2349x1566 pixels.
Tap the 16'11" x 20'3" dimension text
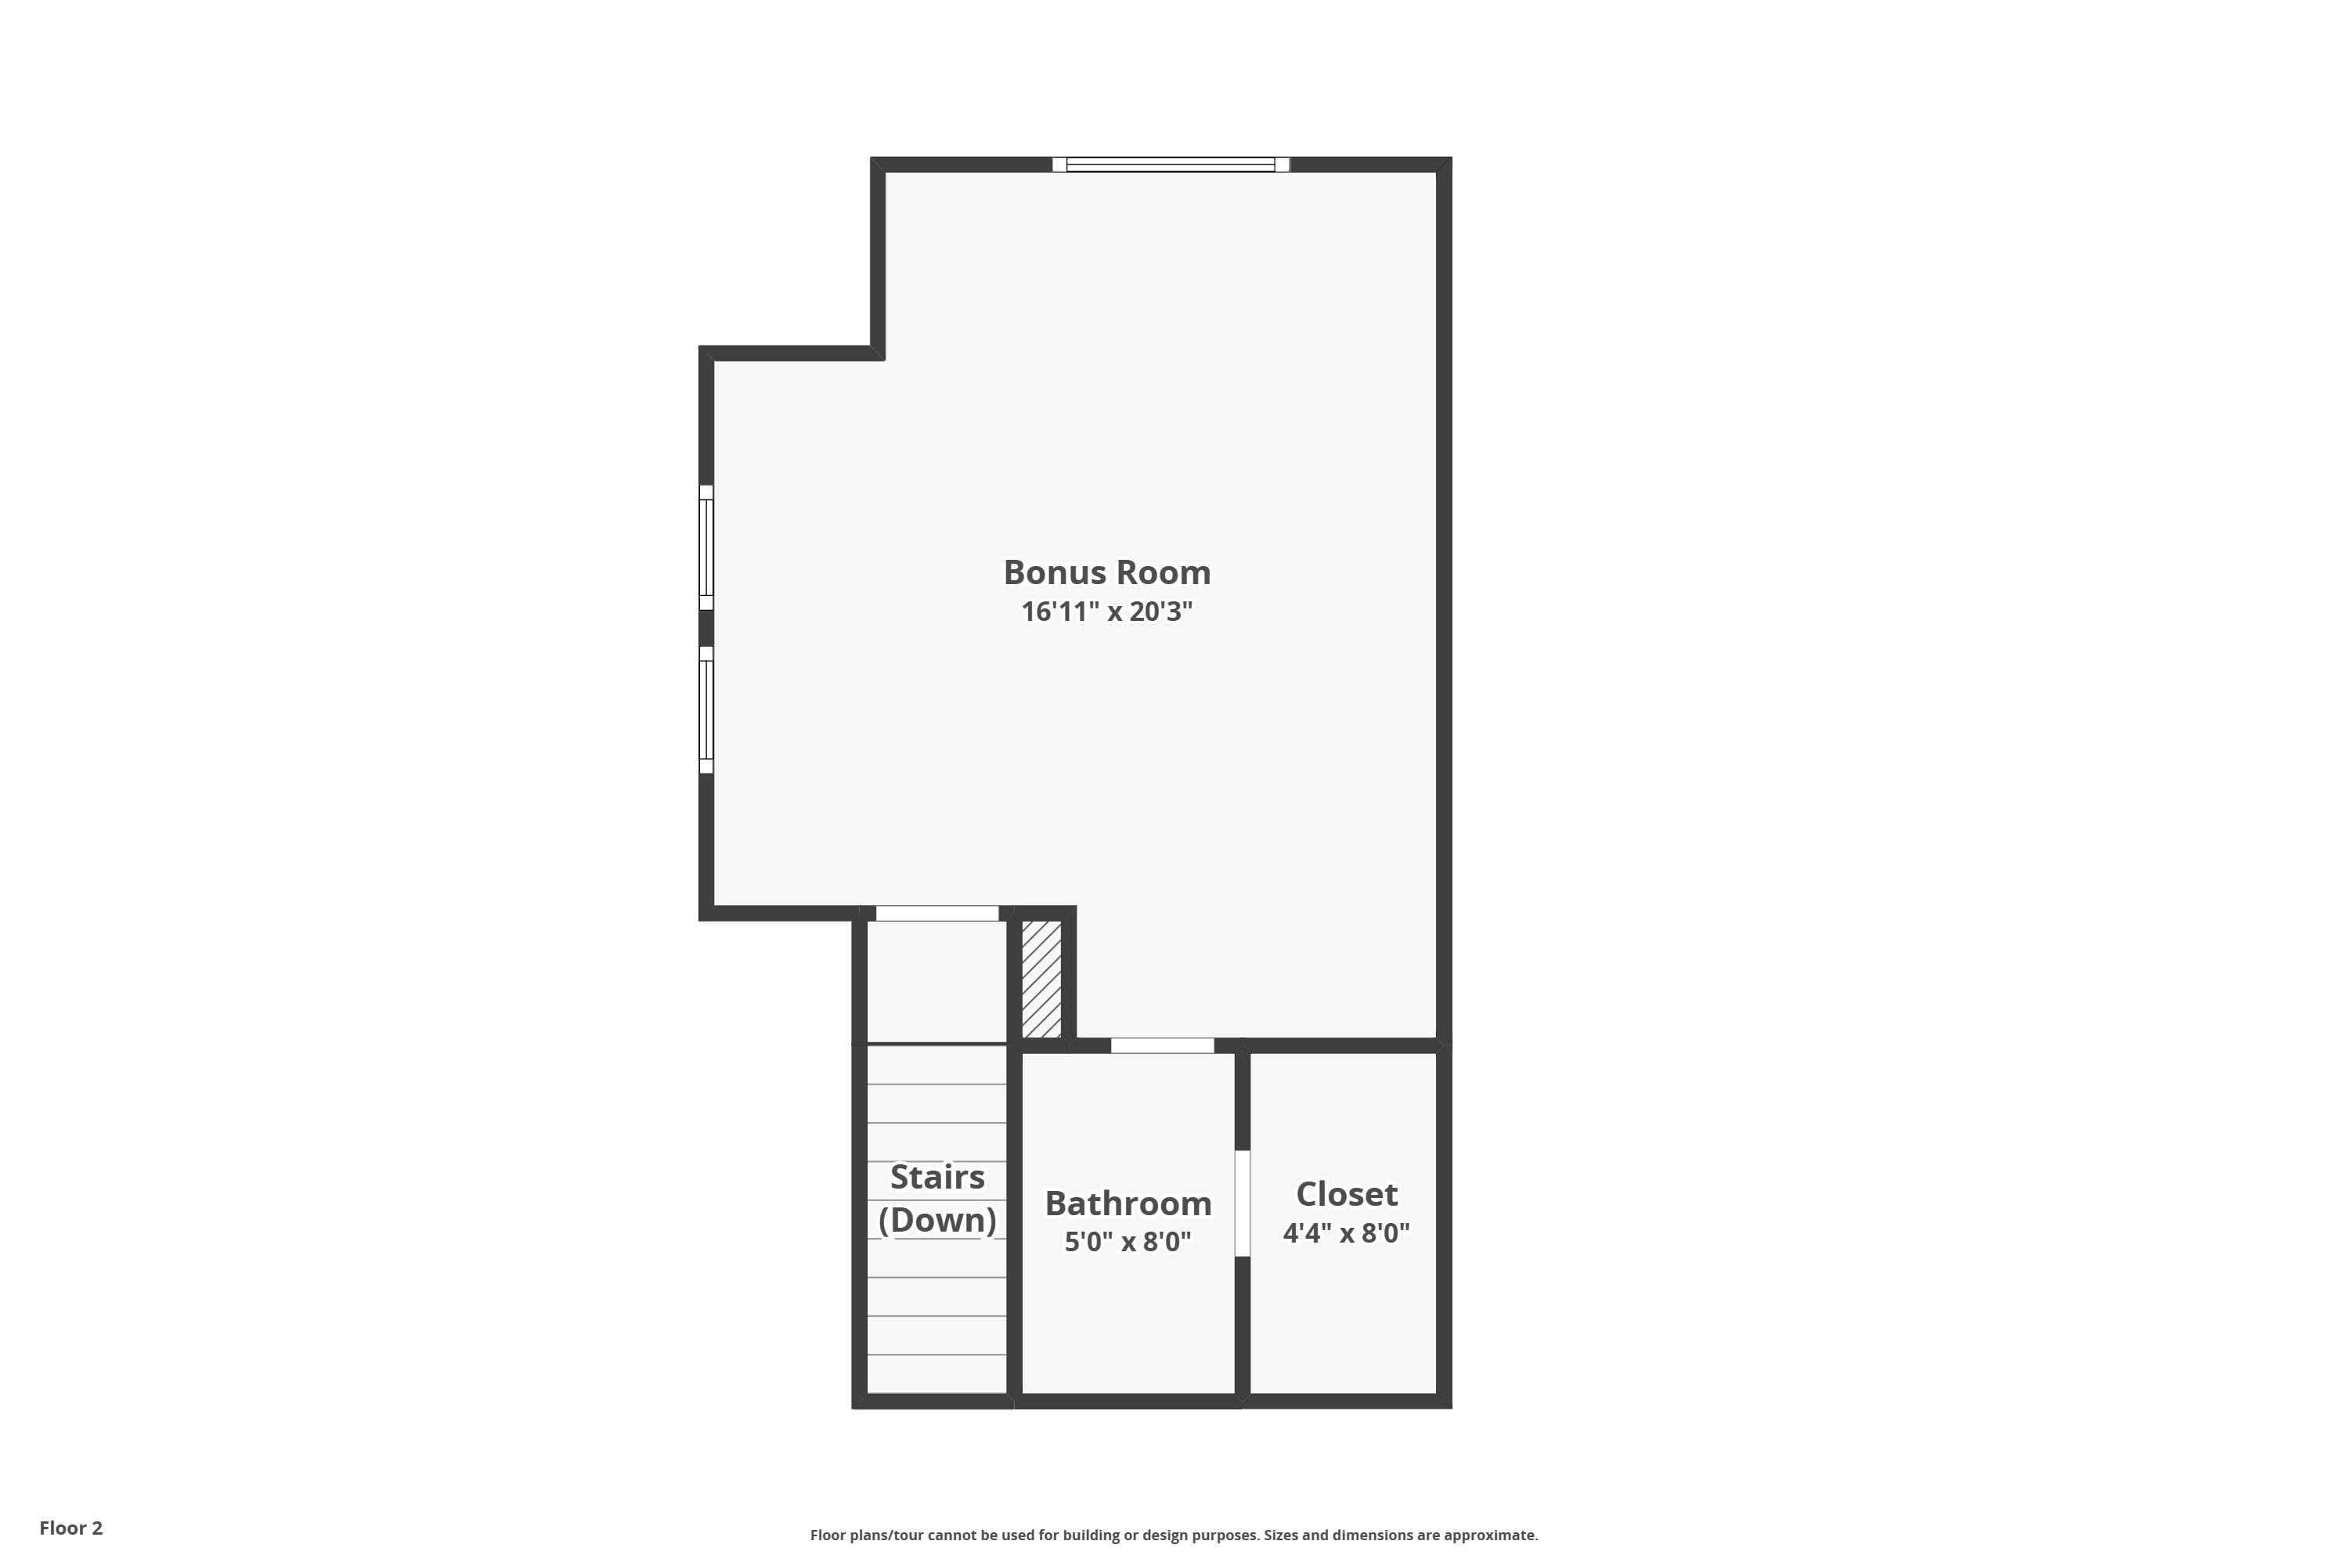[x=1106, y=612]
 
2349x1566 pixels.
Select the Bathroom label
[x=1128, y=1203]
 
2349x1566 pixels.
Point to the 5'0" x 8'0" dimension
[x=1128, y=1241]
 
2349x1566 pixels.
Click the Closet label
[x=1346, y=1195]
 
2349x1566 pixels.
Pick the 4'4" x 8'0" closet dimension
[x=1346, y=1233]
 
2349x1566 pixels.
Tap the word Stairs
[x=936, y=1178]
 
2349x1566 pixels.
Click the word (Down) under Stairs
[x=936, y=1221]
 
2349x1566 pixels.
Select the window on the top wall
[x=1171, y=164]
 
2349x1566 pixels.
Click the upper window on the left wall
[x=706, y=547]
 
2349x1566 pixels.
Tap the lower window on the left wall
[x=706, y=709]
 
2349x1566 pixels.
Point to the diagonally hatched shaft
[x=1041, y=979]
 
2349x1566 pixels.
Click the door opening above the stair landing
[x=936, y=913]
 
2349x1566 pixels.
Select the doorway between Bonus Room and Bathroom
[x=1163, y=1045]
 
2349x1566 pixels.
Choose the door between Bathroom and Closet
[x=1243, y=1203]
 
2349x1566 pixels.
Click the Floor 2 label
[x=71, y=1528]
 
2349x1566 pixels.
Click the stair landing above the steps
[x=936, y=982]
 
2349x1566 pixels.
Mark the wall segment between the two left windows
[x=706, y=628]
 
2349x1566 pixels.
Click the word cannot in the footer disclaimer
[x=950, y=1535]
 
